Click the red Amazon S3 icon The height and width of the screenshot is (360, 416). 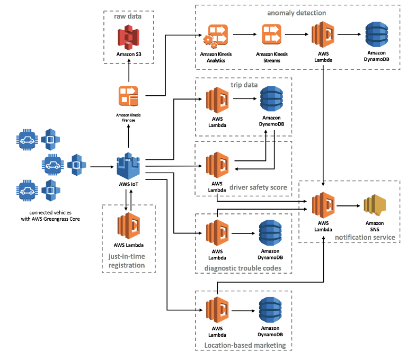coord(128,37)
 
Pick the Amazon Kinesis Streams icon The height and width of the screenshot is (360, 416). coord(271,36)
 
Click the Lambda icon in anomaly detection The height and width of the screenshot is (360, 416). coord(323,36)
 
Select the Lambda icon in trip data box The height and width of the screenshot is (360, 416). coord(217,100)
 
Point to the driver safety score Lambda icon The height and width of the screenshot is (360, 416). coord(217,165)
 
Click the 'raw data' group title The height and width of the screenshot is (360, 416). coord(128,16)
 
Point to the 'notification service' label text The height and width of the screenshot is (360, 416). coord(365,237)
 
